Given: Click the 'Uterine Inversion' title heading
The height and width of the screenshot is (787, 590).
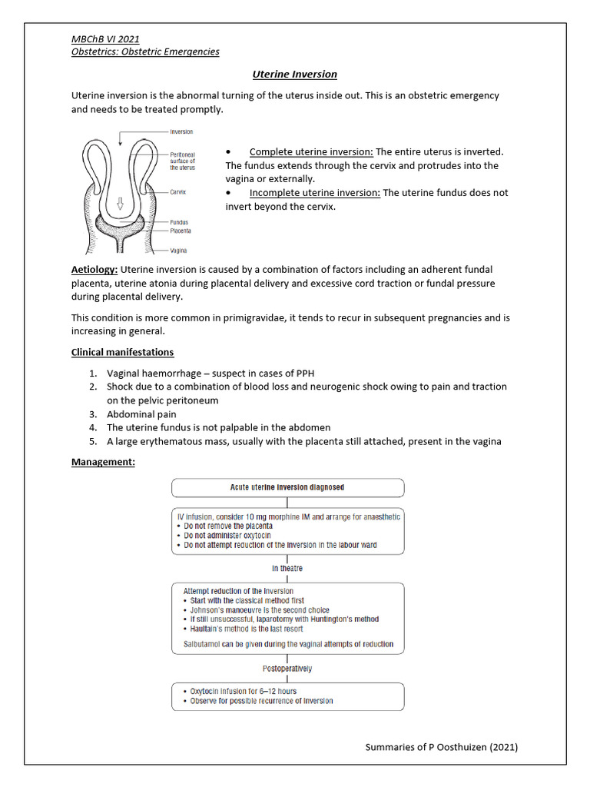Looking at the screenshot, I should click(295, 74).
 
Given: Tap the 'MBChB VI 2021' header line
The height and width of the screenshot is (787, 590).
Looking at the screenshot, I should click(105, 38).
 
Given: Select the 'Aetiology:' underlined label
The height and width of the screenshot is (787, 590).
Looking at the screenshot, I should click(94, 269).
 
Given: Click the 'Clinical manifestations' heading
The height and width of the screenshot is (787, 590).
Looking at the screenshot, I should click(122, 352).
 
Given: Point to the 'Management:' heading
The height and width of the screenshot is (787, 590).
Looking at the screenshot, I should click(103, 462).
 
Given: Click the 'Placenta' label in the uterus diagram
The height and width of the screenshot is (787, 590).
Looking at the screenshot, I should click(181, 231).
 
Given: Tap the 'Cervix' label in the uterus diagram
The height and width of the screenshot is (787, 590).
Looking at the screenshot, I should click(178, 192).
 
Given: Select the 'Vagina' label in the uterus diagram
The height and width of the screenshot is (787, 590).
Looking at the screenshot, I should click(179, 251).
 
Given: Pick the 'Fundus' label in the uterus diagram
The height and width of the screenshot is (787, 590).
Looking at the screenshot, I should click(180, 222).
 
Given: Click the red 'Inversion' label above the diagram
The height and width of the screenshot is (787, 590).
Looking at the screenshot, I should click(181, 132).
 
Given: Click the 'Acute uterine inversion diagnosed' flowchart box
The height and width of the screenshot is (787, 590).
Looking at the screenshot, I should click(287, 487).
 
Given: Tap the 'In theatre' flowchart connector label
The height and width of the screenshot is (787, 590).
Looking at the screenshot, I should click(287, 568).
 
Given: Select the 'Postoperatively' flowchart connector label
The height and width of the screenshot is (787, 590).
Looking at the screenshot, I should click(287, 669).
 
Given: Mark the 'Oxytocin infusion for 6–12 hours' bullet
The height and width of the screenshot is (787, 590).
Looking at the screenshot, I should click(243, 691).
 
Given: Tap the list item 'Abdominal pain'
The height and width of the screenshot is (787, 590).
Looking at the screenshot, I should click(141, 413).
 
